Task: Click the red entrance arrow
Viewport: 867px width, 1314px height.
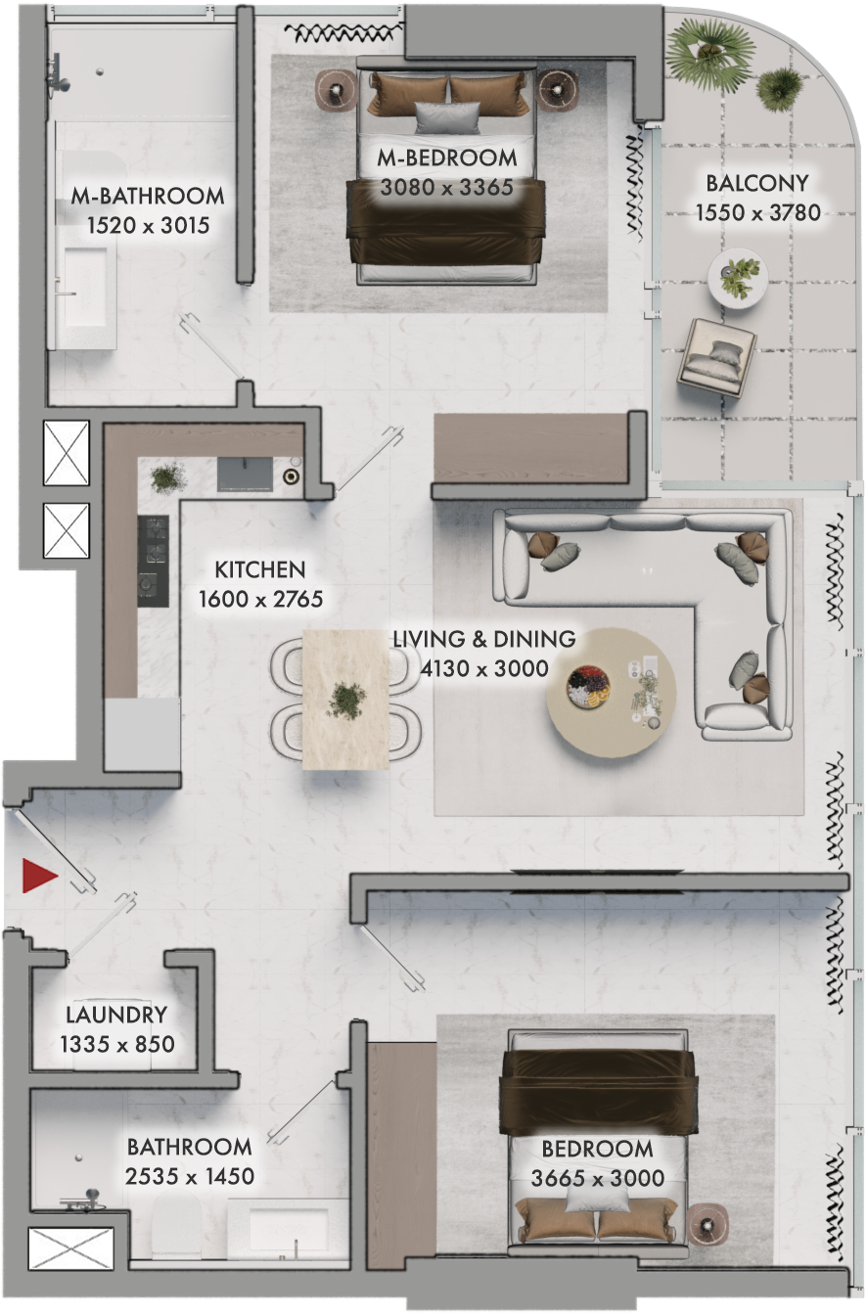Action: pyautogui.click(x=38, y=876)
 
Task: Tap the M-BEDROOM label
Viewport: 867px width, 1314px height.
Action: pyautogui.click(x=447, y=158)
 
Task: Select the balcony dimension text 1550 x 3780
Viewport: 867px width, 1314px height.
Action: pyautogui.click(x=758, y=212)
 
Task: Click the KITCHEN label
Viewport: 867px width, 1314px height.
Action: pyautogui.click(x=260, y=569)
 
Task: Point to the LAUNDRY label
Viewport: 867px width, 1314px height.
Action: pyautogui.click(x=116, y=1015)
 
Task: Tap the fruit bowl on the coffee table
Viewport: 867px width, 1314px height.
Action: pyautogui.click(x=588, y=687)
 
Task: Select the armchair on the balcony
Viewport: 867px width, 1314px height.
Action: pyautogui.click(x=715, y=357)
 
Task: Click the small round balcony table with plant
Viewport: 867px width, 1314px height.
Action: pyautogui.click(x=737, y=278)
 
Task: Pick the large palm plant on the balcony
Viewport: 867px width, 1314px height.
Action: pyautogui.click(x=710, y=54)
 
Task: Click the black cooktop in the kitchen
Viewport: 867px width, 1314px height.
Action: pyautogui.click(x=154, y=561)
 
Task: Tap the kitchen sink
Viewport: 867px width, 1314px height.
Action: pyautogui.click(x=246, y=475)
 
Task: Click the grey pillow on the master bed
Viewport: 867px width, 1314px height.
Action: pyautogui.click(x=447, y=117)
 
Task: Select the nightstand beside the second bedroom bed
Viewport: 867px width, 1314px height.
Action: pyautogui.click(x=708, y=1224)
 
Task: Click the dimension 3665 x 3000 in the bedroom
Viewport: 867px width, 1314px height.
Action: pyautogui.click(x=598, y=1178)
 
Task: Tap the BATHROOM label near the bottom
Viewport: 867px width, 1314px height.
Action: pyautogui.click(x=190, y=1147)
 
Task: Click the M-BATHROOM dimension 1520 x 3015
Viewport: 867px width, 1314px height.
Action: pyautogui.click(x=148, y=225)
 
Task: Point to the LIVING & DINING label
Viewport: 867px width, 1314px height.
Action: pyautogui.click(x=484, y=639)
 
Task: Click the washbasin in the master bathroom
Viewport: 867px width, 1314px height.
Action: pyautogui.click(x=86, y=288)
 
